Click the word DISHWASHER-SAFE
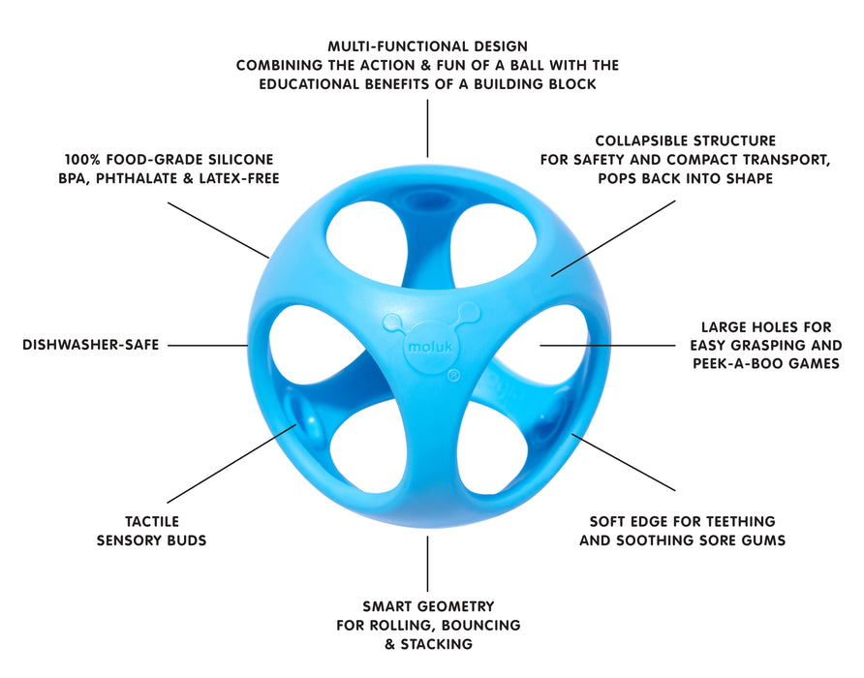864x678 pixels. [90, 345]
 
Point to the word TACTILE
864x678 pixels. [151, 521]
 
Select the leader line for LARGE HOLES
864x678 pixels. [607, 345]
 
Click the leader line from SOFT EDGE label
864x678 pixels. [625, 462]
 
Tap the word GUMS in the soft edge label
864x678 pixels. [763, 540]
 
